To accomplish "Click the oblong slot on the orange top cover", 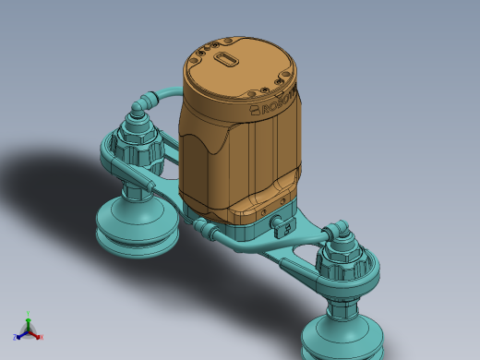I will click(x=226, y=59).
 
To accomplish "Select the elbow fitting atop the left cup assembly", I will click(x=138, y=109).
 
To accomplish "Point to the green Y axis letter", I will click(x=29, y=314).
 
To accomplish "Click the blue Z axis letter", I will click(x=15, y=337).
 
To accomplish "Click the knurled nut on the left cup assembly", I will click(x=138, y=145).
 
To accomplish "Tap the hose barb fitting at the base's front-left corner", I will click(x=201, y=225).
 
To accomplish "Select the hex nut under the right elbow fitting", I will click(x=342, y=242).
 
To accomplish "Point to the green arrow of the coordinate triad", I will click(x=29, y=322).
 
